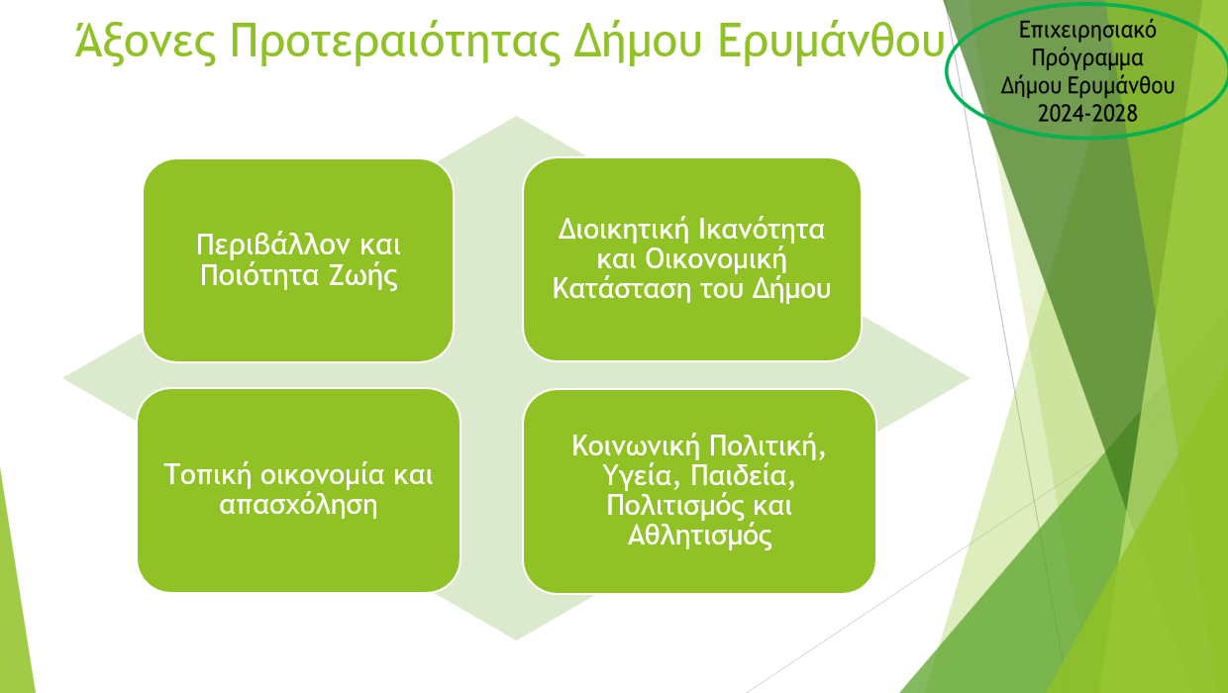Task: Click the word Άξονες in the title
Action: tap(146, 42)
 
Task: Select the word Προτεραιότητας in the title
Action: tap(395, 43)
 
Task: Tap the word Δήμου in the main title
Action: tap(638, 43)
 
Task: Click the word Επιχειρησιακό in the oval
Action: tap(1087, 31)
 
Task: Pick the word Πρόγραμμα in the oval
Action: tap(1087, 58)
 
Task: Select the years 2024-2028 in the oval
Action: tap(1087, 114)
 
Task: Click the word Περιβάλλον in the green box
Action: tap(272, 245)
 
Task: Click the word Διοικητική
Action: tap(622, 229)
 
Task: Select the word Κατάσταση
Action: tap(621, 288)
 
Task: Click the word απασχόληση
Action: tap(298, 505)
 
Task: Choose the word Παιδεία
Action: tap(743, 475)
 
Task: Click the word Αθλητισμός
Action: tap(699, 535)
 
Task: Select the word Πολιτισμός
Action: tap(675, 505)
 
